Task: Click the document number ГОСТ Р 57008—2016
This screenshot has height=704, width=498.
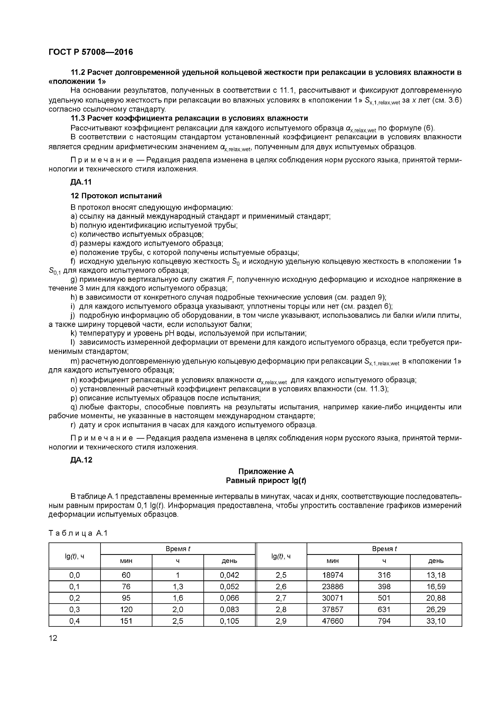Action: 91,52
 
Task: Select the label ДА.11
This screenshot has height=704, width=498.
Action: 81,182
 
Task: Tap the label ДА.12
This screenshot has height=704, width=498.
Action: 81,460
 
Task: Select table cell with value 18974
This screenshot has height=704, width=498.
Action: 332,575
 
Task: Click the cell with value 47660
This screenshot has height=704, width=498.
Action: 332,621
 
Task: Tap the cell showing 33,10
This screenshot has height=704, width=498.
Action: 436,621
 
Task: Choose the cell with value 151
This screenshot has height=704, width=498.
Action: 126,621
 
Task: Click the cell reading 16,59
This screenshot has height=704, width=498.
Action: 436,587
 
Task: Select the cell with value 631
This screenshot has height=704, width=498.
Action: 384,609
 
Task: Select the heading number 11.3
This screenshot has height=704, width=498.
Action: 78,118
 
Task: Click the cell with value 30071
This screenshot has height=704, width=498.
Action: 332,598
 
